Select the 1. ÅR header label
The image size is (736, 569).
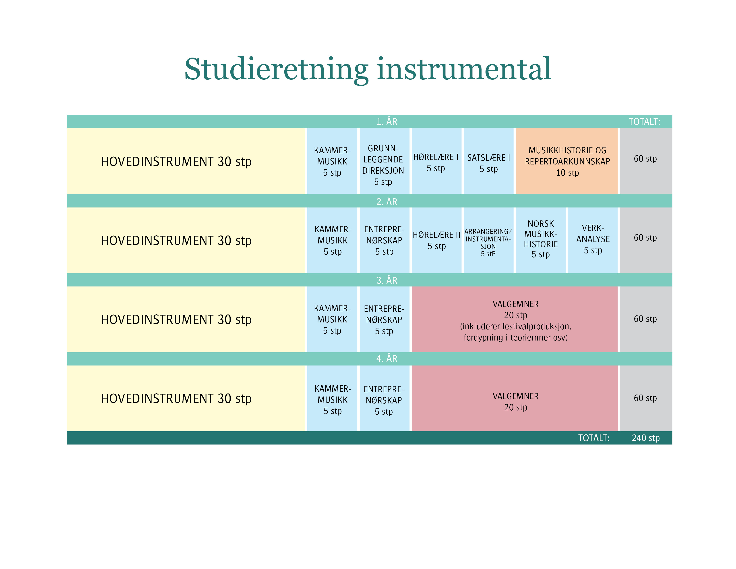tap(387, 121)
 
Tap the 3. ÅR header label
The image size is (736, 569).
tap(387, 280)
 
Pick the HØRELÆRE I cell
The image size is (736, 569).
tap(436, 161)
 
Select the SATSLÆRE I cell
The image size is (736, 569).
tap(489, 161)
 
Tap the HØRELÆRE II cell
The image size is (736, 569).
tap(436, 240)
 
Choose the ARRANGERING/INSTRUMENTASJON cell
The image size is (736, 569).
tap(489, 240)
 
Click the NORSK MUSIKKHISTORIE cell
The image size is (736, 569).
tap(541, 240)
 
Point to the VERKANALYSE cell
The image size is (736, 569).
tap(593, 240)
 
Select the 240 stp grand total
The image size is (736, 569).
tap(646, 438)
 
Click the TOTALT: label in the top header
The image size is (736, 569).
tap(644, 121)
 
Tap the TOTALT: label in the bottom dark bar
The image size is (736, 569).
tap(594, 438)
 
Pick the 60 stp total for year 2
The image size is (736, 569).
tap(645, 238)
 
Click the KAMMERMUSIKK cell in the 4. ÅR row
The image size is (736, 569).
tap(332, 399)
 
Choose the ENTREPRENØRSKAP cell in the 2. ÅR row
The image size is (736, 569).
tap(384, 240)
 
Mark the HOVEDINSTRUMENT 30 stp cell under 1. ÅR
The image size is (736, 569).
tap(186, 161)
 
